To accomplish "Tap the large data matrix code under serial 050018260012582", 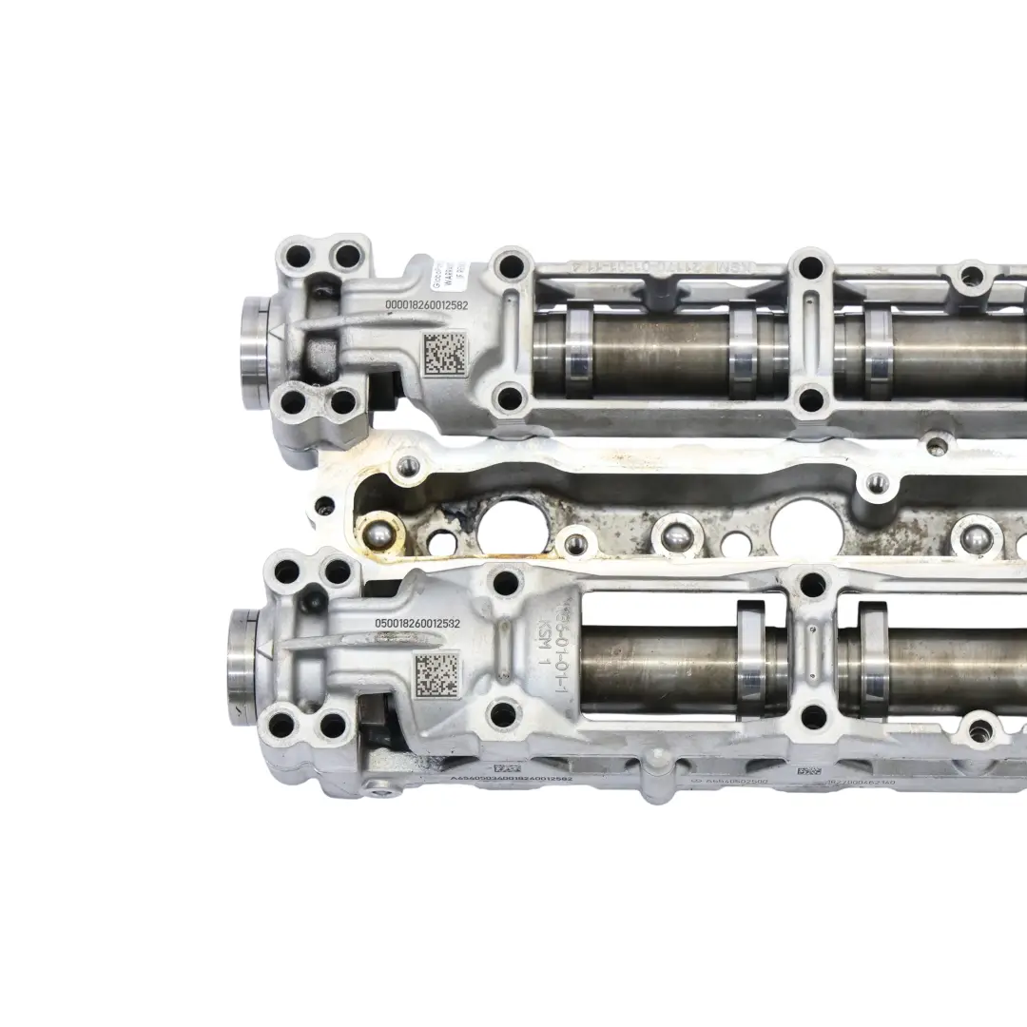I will [x=437, y=672].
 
